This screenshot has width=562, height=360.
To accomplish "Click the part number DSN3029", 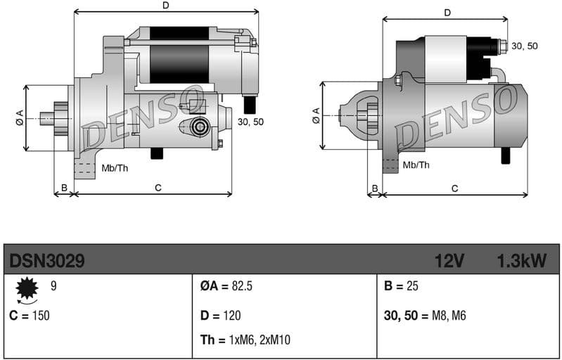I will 47,262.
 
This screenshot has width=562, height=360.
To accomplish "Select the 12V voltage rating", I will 449,262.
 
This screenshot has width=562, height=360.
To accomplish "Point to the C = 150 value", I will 30,315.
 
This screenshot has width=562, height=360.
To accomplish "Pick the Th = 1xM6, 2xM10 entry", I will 245,340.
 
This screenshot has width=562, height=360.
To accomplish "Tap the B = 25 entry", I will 402,287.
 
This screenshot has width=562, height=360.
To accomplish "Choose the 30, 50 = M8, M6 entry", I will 425,315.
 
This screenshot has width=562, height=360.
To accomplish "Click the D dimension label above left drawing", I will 165,6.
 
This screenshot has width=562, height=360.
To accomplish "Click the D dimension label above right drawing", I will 447,13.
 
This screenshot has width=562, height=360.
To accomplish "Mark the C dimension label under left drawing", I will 158,187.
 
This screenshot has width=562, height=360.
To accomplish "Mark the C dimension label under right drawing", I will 455,188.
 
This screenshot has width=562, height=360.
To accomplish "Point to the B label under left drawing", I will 64,187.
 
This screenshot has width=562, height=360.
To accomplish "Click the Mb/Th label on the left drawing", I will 115,167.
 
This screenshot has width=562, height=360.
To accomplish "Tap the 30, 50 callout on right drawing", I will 524,46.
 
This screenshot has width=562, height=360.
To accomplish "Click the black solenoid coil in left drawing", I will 180,56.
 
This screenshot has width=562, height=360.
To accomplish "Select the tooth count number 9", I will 54,285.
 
